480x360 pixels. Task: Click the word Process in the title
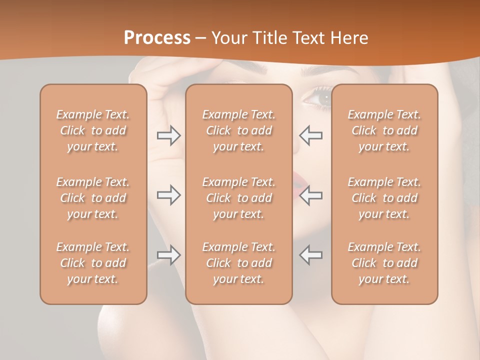coord(157,38)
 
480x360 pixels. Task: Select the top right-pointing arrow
coord(169,135)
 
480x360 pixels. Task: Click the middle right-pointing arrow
coord(169,195)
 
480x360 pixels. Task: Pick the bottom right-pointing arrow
coord(169,255)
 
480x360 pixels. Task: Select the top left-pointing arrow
coord(310,135)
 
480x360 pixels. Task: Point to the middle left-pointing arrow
coord(310,195)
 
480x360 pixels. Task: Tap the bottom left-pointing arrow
coord(310,255)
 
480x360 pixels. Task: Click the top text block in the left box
coord(93,130)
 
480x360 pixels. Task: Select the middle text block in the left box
coord(93,198)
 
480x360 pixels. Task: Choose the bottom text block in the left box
coord(93,263)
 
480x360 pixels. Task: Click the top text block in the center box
coord(238,130)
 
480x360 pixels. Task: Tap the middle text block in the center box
coord(238,198)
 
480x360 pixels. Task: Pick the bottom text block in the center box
coord(238,263)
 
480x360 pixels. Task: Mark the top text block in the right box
coord(384,130)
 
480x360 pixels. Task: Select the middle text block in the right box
coord(384,198)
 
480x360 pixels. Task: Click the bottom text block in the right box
coord(384,263)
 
